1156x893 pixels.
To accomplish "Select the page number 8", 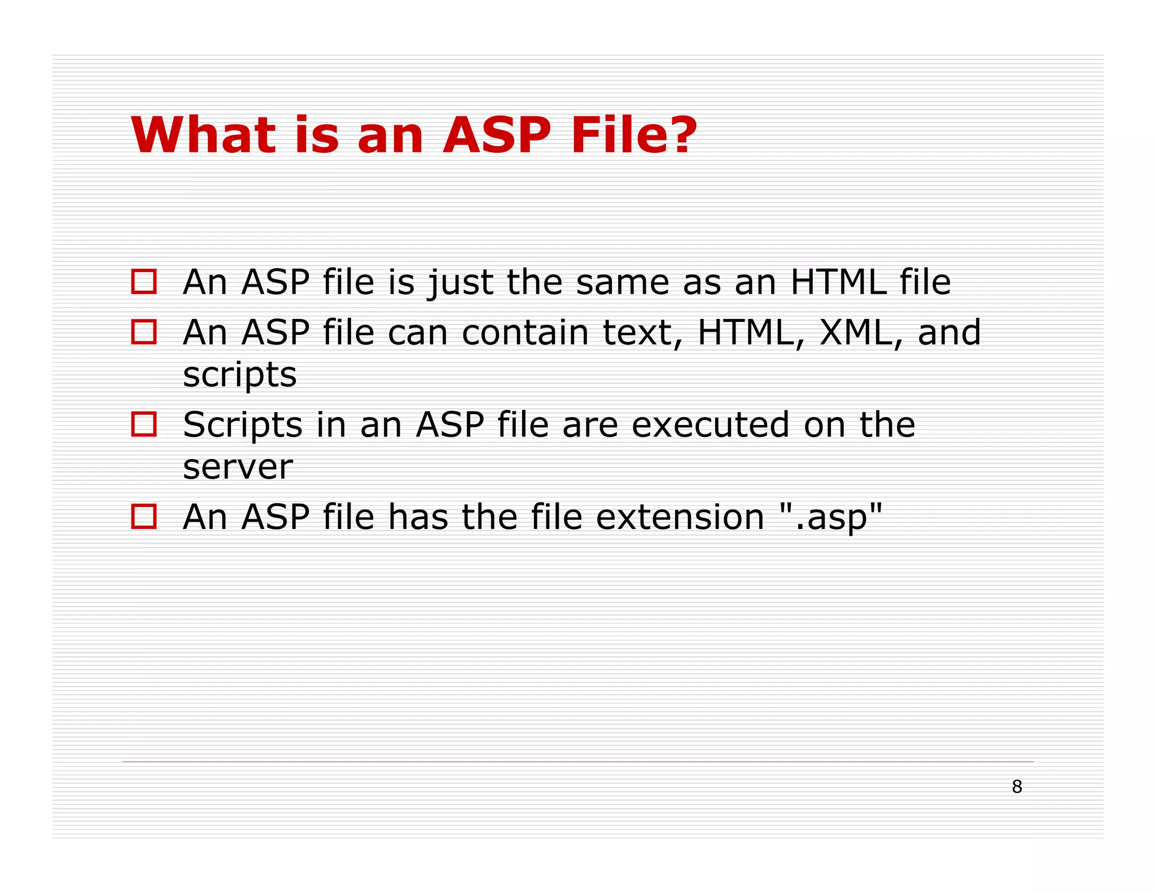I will (1017, 786).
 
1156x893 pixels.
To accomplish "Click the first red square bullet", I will (143, 281).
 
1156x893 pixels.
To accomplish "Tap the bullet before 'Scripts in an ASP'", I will (143, 424).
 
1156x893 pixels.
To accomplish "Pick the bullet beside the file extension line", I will (143, 516).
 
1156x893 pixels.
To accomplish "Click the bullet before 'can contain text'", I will (143, 332).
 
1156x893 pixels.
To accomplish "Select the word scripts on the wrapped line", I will (239, 375).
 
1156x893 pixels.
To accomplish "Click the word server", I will (238, 467).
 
